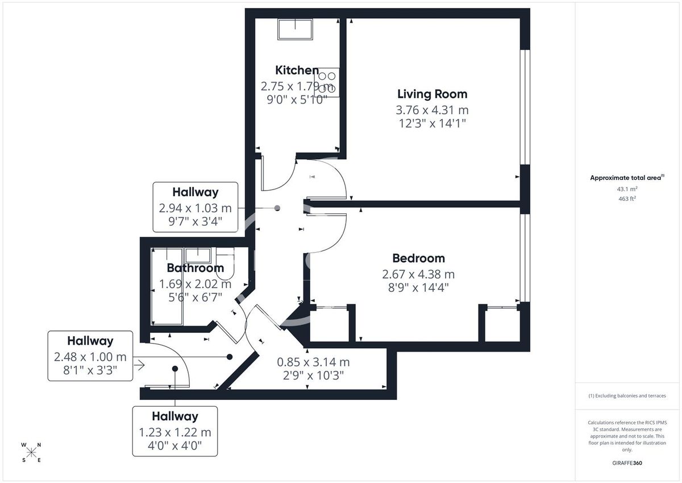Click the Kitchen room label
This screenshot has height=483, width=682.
click(297, 71)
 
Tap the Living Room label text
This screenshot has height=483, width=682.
click(432, 94)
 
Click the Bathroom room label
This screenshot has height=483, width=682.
click(195, 268)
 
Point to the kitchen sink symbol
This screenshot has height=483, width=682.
click(294, 29)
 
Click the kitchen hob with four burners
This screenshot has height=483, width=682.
click(328, 82)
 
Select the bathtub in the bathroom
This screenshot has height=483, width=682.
click(166, 286)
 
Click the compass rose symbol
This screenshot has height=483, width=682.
click(31, 452)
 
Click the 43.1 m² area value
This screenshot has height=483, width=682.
click(627, 189)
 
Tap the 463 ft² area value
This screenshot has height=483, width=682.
click(627, 199)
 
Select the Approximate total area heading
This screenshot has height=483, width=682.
click(626, 178)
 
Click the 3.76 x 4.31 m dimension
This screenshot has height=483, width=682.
click(432, 110)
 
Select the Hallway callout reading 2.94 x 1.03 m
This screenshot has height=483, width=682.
click(196, 207)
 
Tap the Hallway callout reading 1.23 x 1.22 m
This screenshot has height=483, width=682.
click(174, 431)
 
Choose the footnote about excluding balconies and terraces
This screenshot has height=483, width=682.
click(627, 395)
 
